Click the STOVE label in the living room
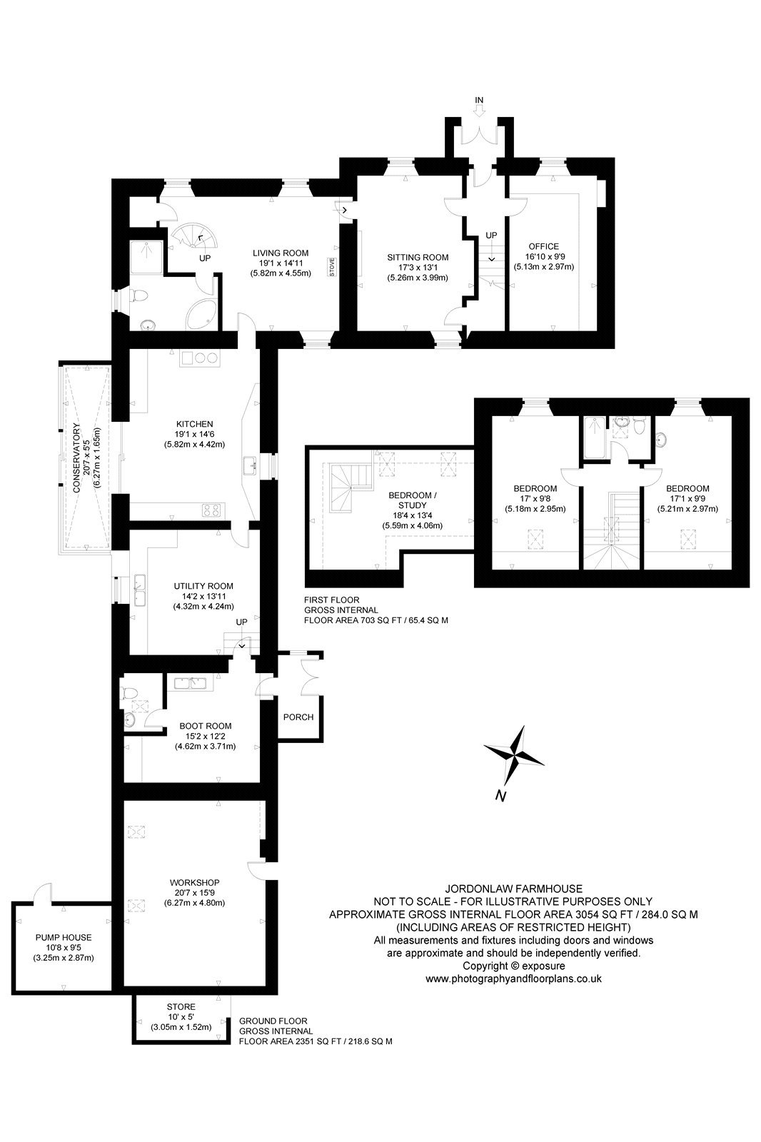tap(331, 268)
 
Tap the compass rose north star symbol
tap(513, 756)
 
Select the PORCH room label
tap(298, 717)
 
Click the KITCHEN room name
tap(194, 424)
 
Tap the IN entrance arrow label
tap(479, 100)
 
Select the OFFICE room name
tap(544, 246)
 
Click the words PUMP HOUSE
tap(64, 937)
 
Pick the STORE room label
tap(181, 1007)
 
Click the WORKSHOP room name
tap(194, 882)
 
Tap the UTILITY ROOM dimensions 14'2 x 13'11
tap(204, 597)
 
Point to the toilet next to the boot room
tap(128, 692)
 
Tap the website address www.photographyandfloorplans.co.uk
tap(513, 979)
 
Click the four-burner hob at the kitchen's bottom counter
tap(212, 510)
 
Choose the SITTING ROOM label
tap(418, 258)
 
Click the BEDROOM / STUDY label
tap(413, 500)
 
